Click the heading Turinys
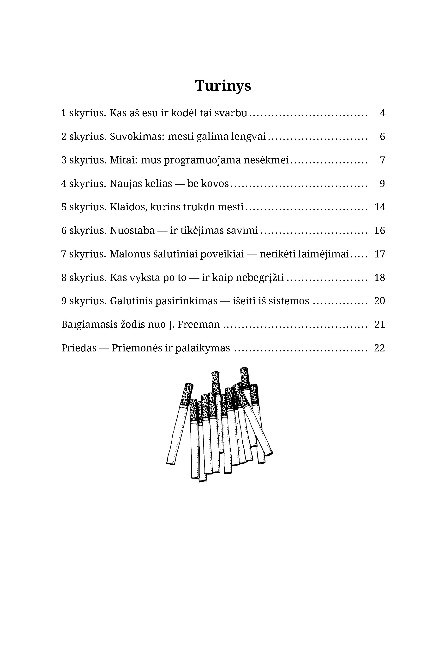point(223,86)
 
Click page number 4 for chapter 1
point(382,113)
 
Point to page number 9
point(382,183)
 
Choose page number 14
point(380,207)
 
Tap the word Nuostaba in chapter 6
point(132,231)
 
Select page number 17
point(380,254)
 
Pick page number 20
point(379,301)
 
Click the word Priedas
point(79,348)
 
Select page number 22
point(379,348)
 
